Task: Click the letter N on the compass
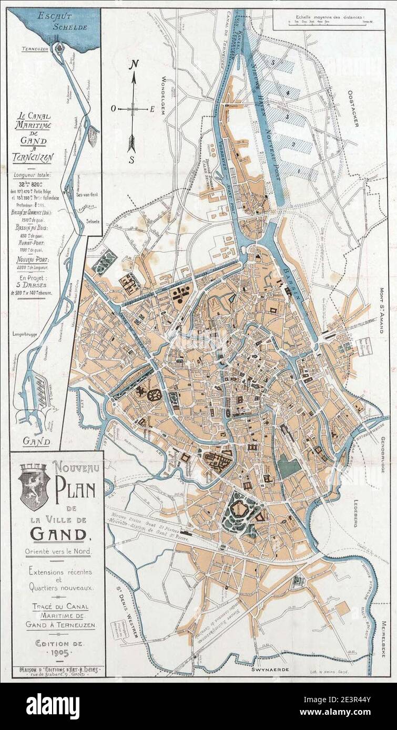pos(134,64)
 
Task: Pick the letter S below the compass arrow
pos(133,159)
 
